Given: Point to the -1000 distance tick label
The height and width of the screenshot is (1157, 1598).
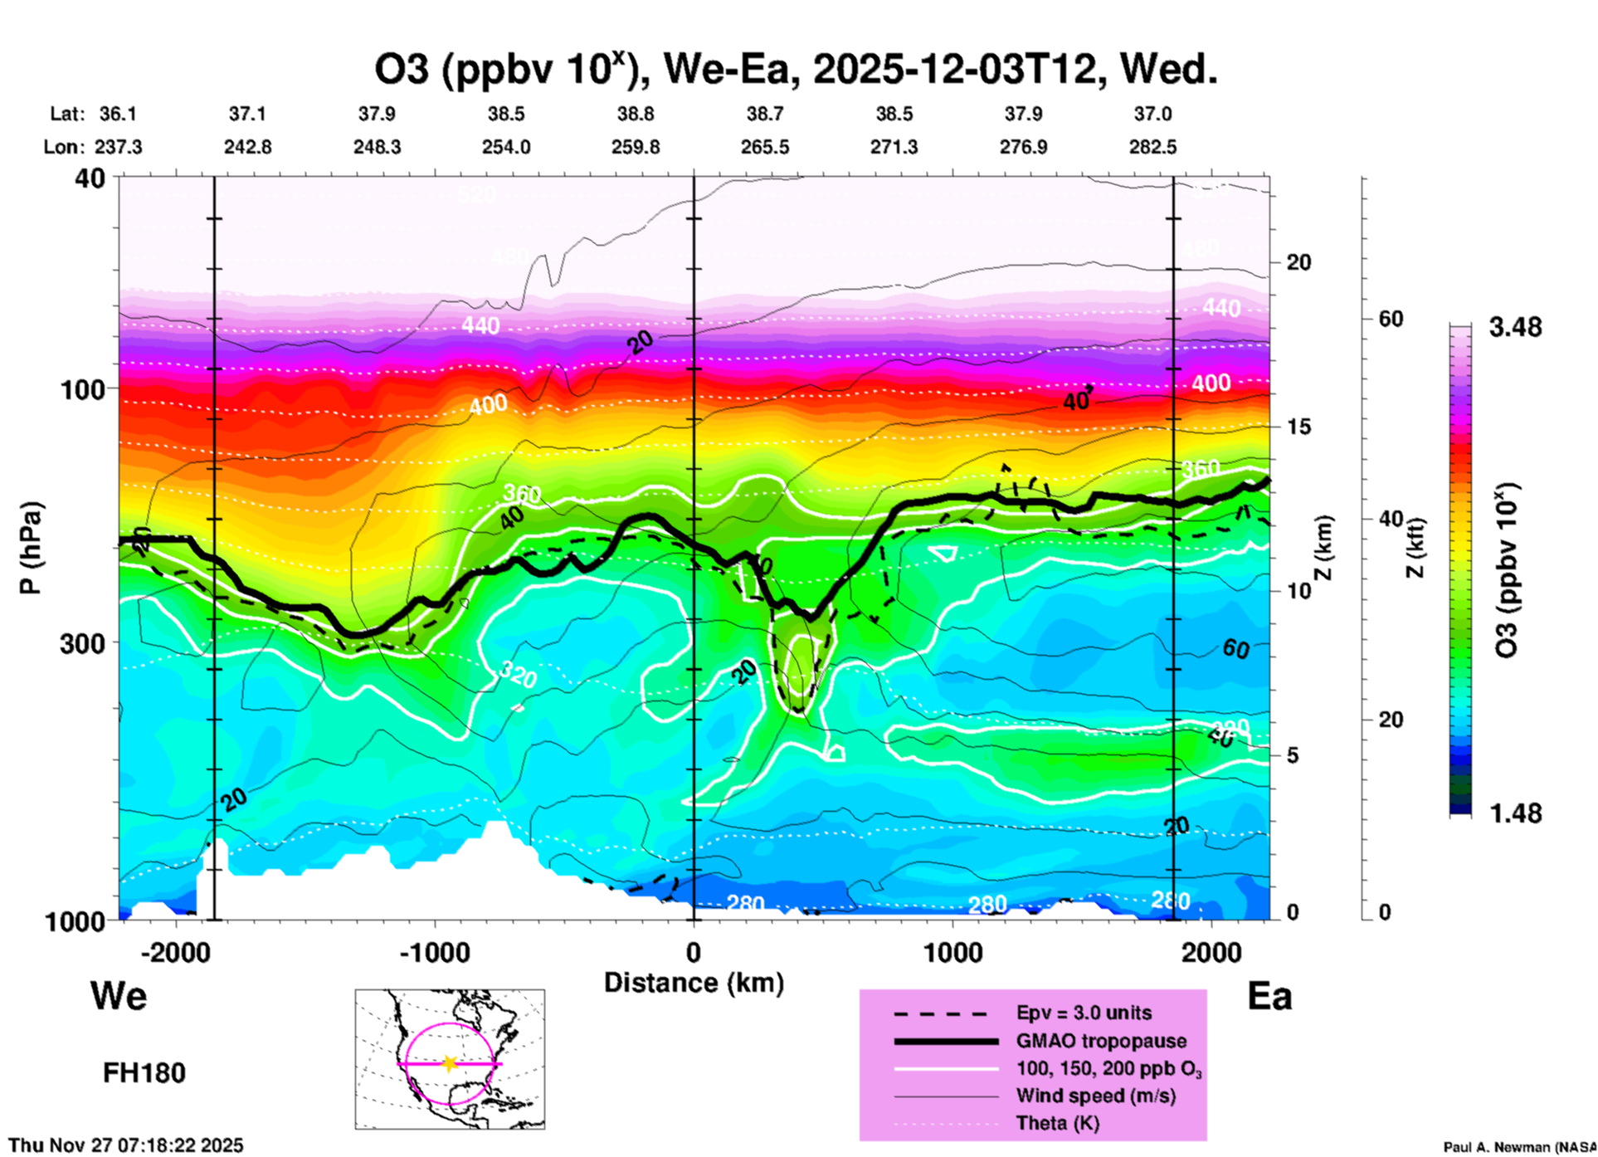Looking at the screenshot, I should [x=434, y=953].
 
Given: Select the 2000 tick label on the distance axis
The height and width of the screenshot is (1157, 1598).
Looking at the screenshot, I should [x=1212, y=953].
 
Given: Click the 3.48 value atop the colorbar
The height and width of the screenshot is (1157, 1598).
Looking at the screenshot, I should [x=1515, y=327].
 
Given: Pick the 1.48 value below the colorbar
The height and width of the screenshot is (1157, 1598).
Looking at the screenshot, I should [x=1515, y=813].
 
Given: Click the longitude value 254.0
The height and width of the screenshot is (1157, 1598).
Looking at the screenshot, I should [x=506, y=147].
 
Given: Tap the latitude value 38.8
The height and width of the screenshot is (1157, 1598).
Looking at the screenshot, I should [x=636, y=114].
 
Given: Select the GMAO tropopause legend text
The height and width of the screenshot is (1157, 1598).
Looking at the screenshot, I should [x=1101, y=1041].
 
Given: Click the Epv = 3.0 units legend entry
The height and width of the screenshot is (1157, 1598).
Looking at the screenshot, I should [x=1084, y=1013].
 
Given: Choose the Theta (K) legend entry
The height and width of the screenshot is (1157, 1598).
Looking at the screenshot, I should [x=1057, y=1123].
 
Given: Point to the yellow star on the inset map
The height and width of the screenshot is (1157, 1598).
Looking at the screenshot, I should [x=449, y=1063].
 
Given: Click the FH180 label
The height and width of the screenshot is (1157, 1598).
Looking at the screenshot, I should [x=144, y=1073].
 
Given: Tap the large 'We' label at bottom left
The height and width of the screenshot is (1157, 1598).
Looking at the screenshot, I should [x=119, y=995].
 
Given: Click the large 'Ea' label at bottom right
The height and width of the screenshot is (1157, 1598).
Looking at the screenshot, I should [x=1269, y=997].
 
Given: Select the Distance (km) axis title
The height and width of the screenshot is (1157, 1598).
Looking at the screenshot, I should [x=694, y=983].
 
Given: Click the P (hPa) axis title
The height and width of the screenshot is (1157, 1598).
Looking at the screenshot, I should [x=31, y=548].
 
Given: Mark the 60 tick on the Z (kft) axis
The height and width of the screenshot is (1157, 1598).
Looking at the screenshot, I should [x=1391, y=319].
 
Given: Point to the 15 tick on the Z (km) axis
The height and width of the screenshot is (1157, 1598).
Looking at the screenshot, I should [x=1298, y=427].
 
